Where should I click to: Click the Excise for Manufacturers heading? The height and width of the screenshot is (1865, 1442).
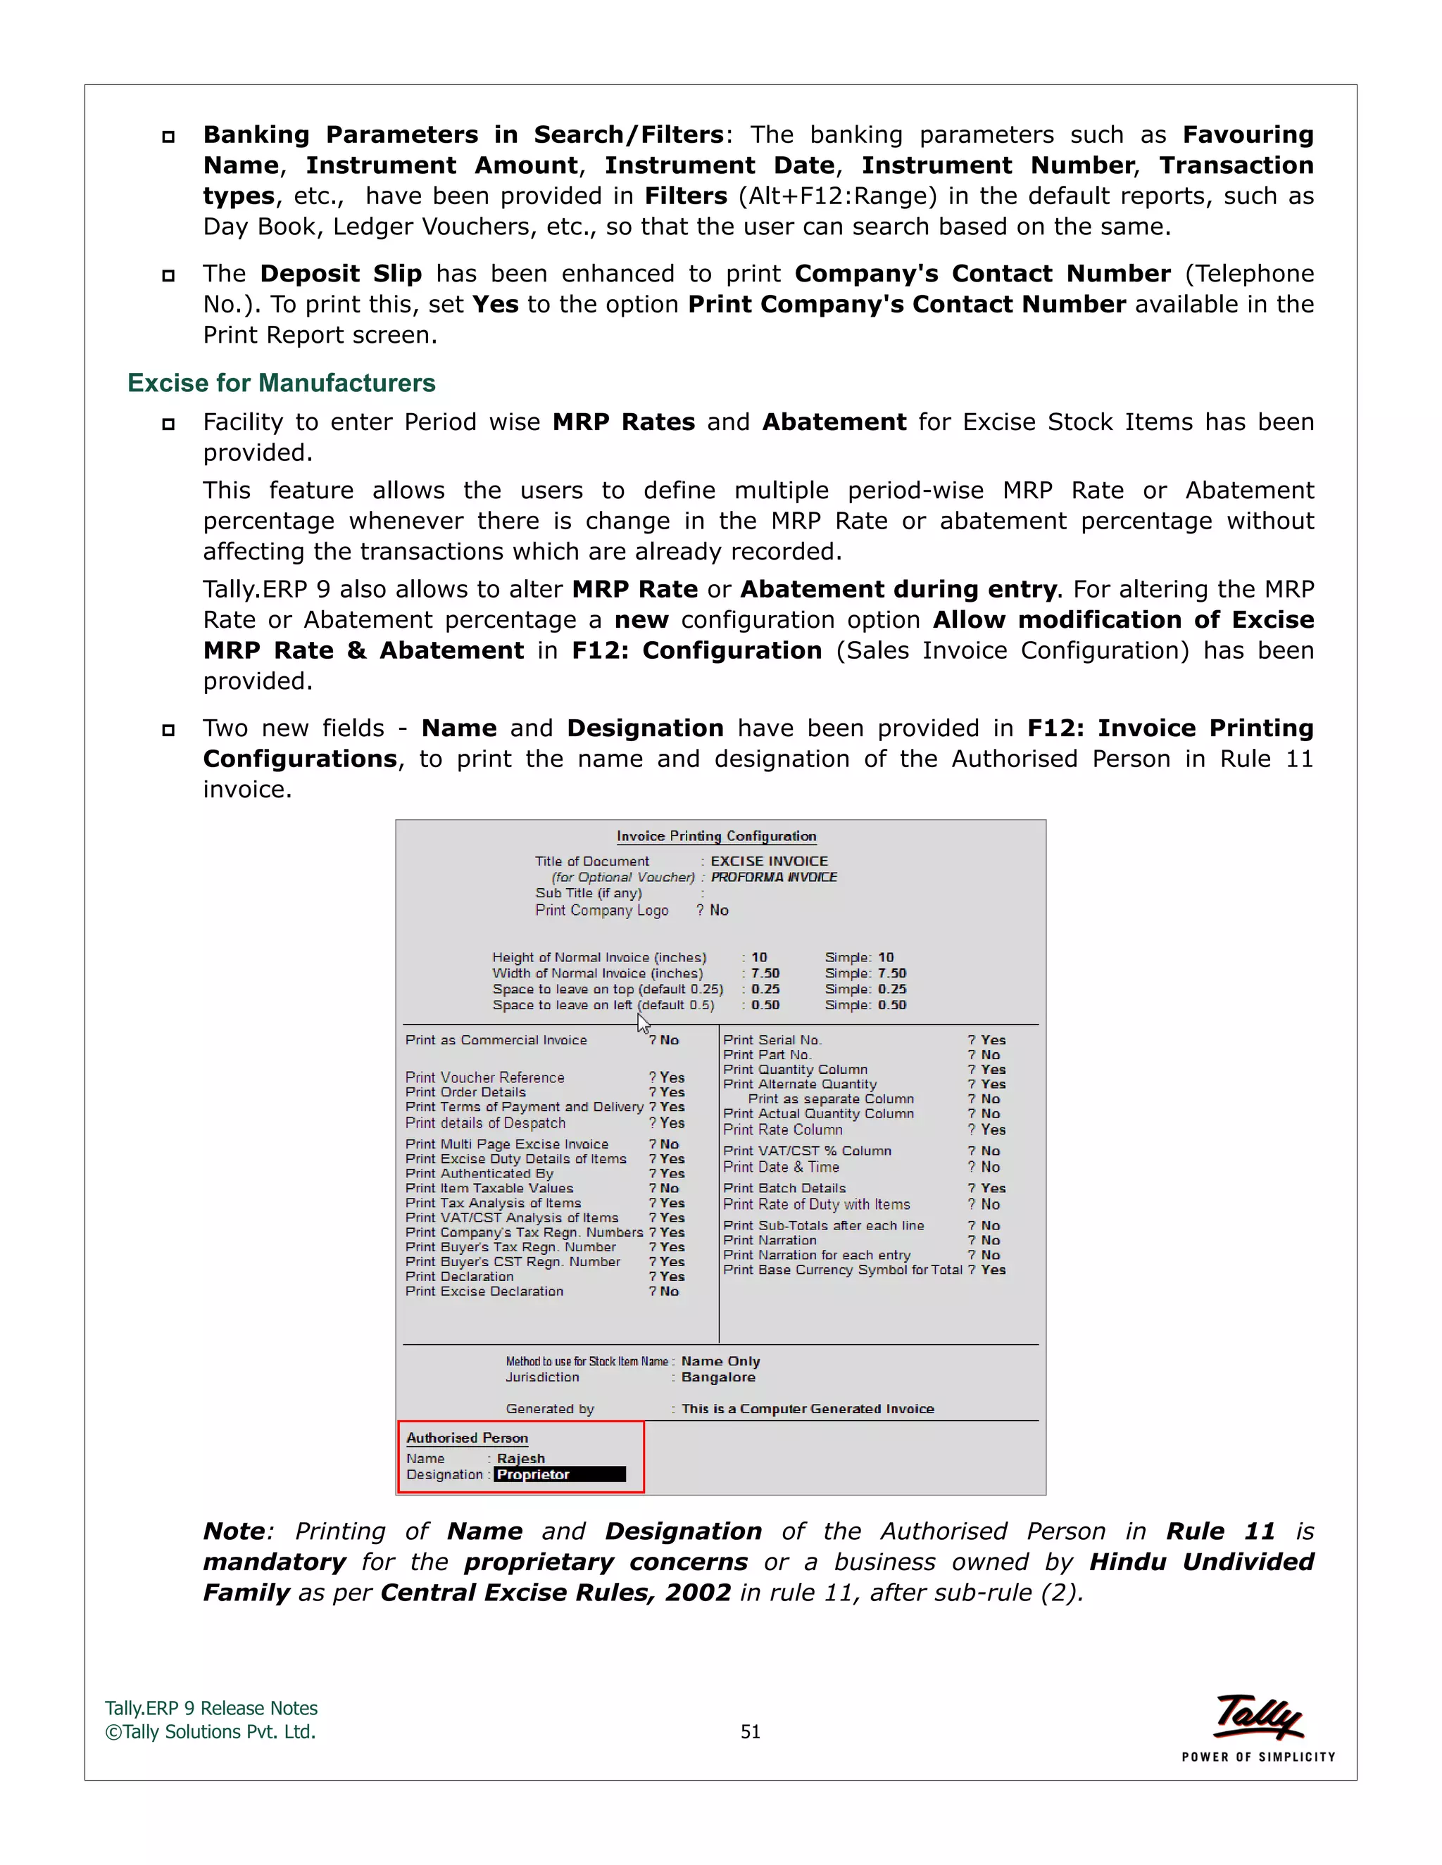pos(281,383)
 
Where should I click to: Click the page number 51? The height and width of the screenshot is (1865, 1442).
pos(750,1732)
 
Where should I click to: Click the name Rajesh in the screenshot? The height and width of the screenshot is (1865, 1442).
pos(520,1458)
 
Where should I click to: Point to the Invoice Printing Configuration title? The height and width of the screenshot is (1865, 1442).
pos(716,836)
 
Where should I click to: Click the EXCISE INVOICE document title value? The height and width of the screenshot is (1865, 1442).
pos(769,861)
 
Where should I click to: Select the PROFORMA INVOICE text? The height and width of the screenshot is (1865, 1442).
pos(773,877)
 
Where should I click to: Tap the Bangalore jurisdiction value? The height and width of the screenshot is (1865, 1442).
pos(717,1377)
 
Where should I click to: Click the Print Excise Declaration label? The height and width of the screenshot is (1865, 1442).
pos(484,1291)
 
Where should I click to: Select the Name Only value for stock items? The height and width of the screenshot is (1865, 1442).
pos(720,1361)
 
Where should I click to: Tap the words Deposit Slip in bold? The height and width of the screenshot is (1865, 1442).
pos(341,273)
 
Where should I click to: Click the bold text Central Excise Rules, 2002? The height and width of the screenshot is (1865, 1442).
pos(556,1593)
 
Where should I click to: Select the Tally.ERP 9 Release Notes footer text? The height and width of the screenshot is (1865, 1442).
pos(211,1708)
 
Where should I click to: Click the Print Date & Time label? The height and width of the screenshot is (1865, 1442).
pos(781,1168)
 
